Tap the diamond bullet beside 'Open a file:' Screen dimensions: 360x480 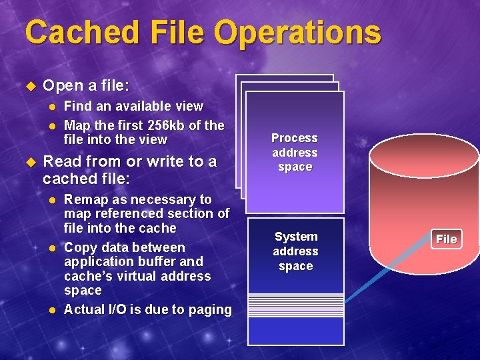[29, 87]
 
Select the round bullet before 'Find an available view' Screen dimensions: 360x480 [53, 106]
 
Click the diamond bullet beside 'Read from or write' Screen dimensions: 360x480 [29, 162]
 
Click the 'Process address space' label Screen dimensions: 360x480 [295, 152]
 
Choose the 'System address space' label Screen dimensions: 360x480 [295, 251]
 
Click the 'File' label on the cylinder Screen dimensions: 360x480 [446, 239]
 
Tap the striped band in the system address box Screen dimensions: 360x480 [295, 303]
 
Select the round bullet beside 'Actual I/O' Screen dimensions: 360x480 [53, 310]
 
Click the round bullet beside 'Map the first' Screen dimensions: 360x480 [53, 125]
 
